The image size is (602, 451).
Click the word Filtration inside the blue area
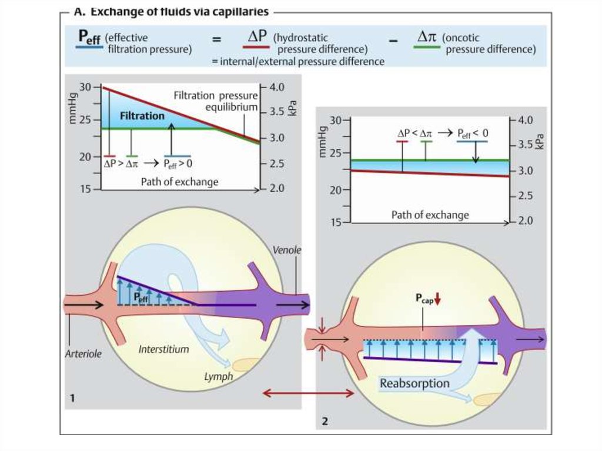(142, 116)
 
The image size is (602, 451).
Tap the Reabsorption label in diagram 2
(414, 384)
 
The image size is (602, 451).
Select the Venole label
(287, 250)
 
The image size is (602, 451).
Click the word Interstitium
(163, 349)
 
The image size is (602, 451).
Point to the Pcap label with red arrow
(427, 299)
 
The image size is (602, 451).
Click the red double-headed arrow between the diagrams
(308, 393)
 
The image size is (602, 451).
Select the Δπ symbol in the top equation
(427, 36)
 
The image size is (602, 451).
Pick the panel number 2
(325, 421)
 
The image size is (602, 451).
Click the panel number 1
(72, 399)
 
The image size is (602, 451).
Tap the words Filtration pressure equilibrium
(215, 101)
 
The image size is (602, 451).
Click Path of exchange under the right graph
(430, 215)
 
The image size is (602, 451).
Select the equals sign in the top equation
(217, 41)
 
